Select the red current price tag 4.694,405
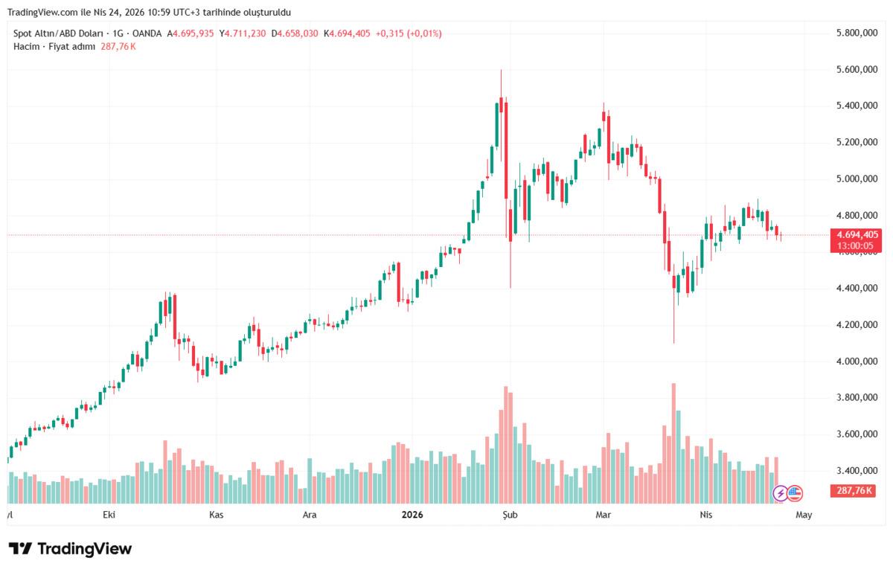856,234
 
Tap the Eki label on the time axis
110,514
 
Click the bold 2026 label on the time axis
412,514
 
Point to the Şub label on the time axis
509,514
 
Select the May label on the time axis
804,514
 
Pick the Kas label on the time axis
217,514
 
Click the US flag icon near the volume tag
795,492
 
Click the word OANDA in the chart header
147,33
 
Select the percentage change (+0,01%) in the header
424,33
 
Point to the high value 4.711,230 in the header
243,33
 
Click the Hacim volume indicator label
26,46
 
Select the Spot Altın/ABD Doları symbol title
59,33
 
